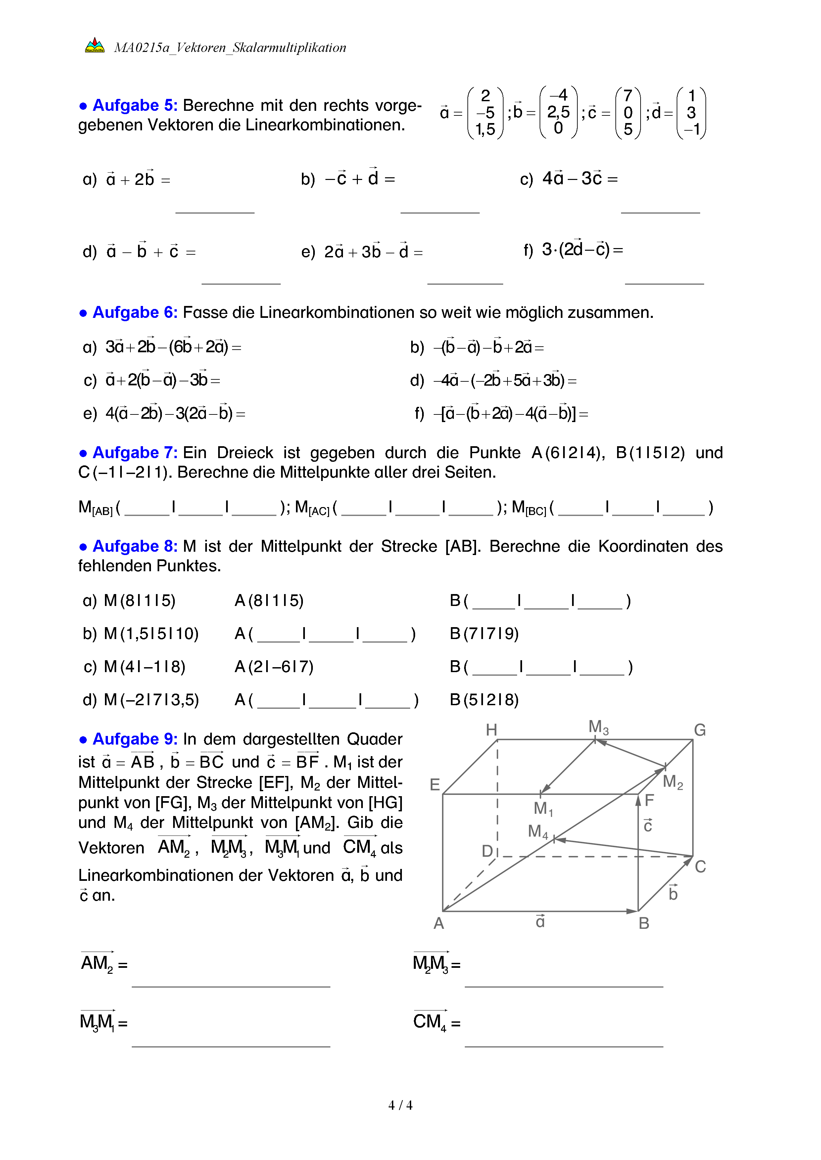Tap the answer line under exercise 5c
point(660,212)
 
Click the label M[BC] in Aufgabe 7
point(529,508)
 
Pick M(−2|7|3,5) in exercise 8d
point(151,700)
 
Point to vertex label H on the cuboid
point(491,730)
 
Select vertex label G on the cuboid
point(699,730)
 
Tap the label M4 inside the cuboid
point(537,831)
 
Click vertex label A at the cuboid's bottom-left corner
point(438,923)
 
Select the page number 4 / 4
point(400,1105)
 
